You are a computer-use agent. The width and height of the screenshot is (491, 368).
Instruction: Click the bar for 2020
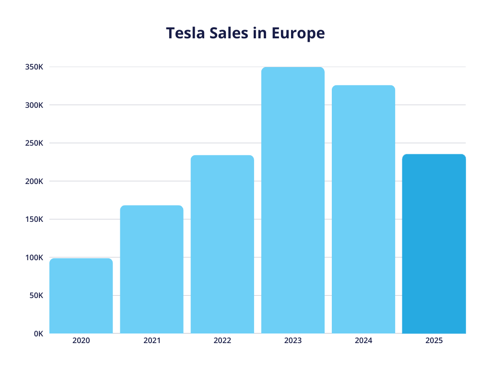(x=81, y=296)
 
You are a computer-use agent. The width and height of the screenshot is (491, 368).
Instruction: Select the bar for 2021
(x=152, y=269)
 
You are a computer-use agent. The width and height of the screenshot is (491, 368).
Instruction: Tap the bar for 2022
(x=222, y=244)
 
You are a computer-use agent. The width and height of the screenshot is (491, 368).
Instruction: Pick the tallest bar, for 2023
(x=292, y=200)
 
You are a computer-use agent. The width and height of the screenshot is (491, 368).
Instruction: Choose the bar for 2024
(x=363, y=209)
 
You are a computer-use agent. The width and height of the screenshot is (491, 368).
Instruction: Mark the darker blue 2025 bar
(x=433, y=244)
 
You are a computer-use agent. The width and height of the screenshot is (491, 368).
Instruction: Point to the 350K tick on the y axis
(x=34, y=67)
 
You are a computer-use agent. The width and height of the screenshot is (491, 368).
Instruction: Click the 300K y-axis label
(x=34, y=105)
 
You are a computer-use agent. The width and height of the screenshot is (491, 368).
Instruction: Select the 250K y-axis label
(x=34, y=143)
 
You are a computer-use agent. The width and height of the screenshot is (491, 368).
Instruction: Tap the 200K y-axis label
(x=34, y=181)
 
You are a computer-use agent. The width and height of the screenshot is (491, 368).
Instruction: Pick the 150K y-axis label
(x=34, y=219)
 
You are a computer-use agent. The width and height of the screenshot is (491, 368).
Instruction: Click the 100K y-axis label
(x=34, y=257)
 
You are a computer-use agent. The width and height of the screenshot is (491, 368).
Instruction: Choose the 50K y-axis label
(x=36, y=296)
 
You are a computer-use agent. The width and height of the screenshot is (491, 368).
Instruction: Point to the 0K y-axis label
(x=38, y=333)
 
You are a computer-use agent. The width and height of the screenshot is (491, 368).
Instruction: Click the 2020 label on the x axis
(x=81, y=341)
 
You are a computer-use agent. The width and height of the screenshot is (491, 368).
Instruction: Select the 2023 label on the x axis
(x=292, y=341)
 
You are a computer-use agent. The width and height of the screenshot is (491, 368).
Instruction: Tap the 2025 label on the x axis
(x=433, y=341)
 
